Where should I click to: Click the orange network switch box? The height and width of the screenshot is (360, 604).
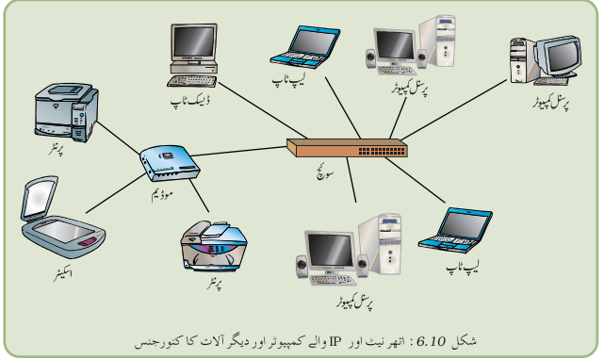point(347,148)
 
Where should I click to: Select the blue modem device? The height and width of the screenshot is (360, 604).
point(170,163)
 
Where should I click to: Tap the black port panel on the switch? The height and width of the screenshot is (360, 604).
point(382,151)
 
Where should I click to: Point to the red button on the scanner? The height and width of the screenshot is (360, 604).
point(89,242)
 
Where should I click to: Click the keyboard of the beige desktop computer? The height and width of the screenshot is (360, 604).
point(191,81)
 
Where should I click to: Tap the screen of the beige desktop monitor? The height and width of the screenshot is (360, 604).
point(194,42)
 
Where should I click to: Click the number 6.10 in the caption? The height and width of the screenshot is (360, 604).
point(431,341)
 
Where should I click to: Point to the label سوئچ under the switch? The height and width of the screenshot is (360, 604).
point(325,173)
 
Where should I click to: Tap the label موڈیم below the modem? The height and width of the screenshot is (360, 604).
point(162,194)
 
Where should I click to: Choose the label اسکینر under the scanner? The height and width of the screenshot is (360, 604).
point(63,274)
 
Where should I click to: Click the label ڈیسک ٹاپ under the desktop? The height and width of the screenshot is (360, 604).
point(190,101)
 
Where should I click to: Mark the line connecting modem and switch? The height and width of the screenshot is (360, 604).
point(238,151)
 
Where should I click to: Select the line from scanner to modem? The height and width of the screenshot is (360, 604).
point(116,192)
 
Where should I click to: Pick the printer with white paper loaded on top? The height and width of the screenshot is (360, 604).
point(214,246)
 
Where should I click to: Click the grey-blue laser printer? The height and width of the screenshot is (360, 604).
point(66,112)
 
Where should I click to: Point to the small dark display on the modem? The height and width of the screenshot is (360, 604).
point(167,155)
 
